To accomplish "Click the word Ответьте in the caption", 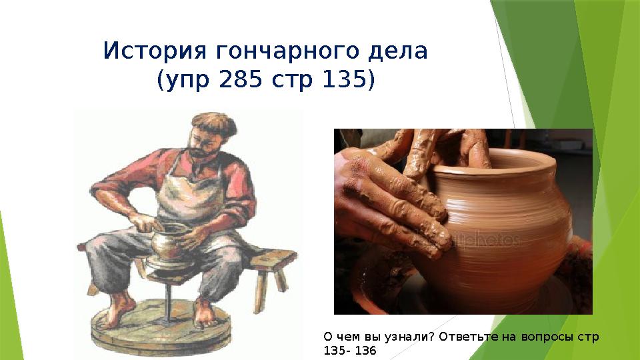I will (463, 337).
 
